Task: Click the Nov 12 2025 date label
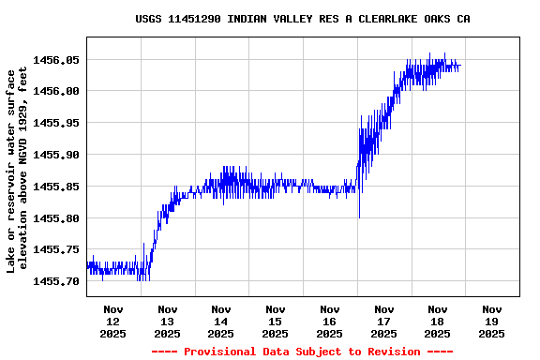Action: pos(113,321)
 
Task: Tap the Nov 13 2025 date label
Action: pos(168,321)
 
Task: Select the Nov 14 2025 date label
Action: pos(221,321)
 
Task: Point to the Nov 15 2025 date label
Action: pos(276,321)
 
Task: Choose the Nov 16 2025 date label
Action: pos(330,321)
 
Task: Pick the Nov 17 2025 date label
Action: pos(383,321)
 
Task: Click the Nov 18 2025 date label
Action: pos(438,321)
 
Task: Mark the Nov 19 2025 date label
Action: pos(491,321)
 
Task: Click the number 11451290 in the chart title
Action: pos(197,19)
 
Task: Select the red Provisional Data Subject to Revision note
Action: pos(302,352)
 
